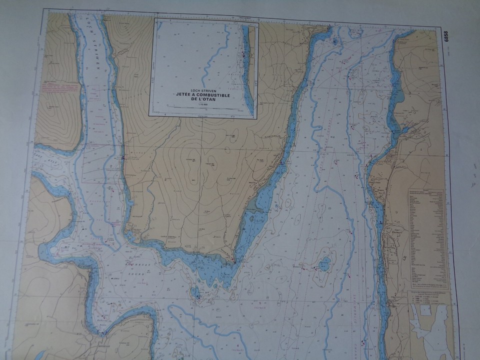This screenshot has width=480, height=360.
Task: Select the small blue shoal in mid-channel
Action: (x=325, y=263)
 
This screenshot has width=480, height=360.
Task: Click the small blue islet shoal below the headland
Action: (x=195, y=292)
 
